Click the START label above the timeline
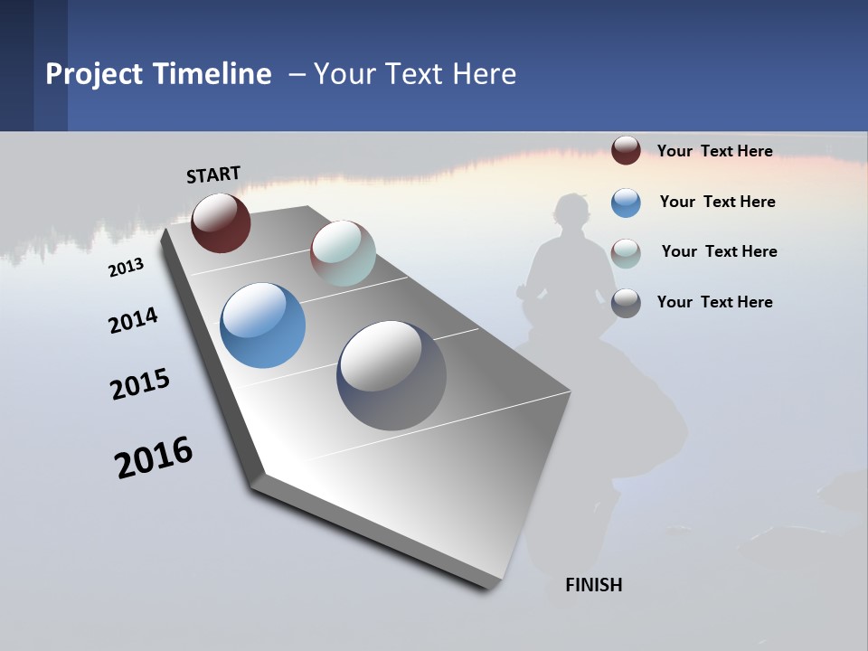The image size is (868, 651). [213, 175]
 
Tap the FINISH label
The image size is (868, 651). [593, 585]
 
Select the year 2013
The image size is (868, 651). [126, 268]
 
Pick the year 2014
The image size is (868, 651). [133, 321]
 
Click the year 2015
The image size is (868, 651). [140, 384]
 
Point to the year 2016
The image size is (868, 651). [154, 457]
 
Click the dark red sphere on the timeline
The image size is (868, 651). [221, 222]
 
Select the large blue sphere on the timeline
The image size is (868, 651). [262, 325]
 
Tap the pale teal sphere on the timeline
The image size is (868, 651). [343, 253]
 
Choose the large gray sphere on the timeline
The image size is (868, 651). [392, 375]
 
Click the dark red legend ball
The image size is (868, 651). [626, 151]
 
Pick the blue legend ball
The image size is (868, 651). [626, 203]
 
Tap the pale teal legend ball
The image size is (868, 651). [626, 253]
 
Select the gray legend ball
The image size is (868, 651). [626, 303]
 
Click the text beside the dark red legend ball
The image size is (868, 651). [714, 151]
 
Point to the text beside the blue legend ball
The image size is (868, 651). [717, 202]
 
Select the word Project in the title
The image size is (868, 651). [95, 74]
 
